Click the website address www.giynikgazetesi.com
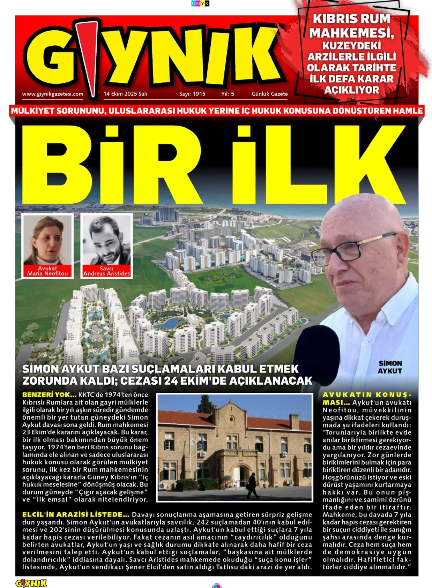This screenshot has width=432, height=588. (53, 94)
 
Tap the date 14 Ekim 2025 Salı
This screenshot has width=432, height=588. (125, 94)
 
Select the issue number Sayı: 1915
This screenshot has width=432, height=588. (192, 94)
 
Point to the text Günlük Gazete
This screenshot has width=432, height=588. (269, 94)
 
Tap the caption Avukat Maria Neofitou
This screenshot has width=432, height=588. (47, 271)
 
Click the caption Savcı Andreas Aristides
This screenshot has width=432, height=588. (106, 271)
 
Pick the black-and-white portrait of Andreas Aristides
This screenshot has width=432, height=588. (106, 241)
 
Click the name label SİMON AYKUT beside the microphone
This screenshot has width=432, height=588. (390, 367)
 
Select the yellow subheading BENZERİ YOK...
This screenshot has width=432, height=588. (49, 395)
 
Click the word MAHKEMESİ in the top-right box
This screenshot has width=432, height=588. (351, 33)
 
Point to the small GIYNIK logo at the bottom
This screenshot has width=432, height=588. (31, 583)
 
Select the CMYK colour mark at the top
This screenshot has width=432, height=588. (200, 3)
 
